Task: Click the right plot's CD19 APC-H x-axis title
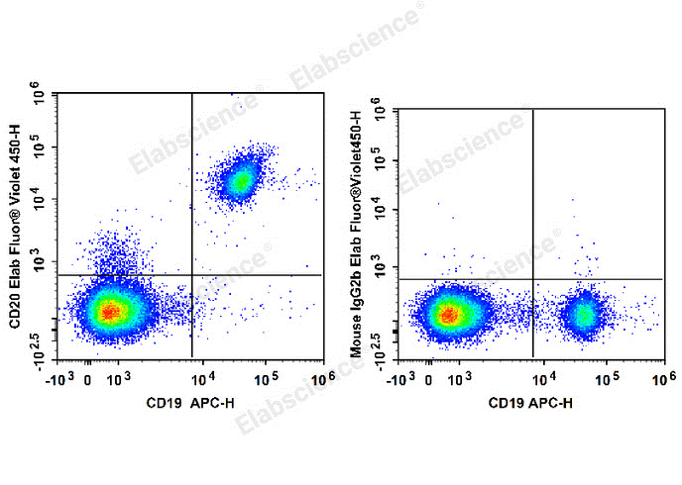click(529, 403)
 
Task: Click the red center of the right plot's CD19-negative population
click(449, 316)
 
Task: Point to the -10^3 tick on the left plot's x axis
click(65, 377)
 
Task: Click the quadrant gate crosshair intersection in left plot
click(191, 275)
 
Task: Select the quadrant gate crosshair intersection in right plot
click(533, 279)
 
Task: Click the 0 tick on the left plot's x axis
click(88, 377)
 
